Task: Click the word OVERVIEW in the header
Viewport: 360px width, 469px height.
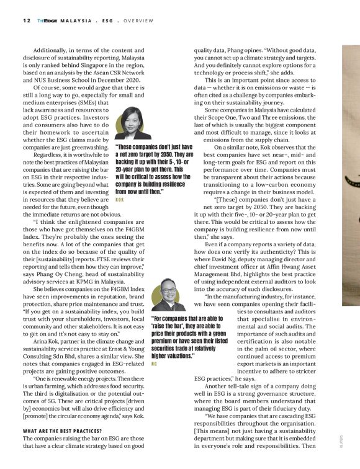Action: coord(137,20)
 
